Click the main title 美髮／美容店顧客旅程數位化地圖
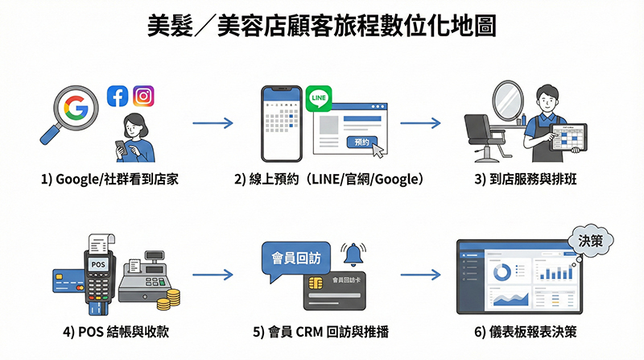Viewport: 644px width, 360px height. (x=322, y=25)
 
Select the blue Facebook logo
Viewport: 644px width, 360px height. (x=118, y=97)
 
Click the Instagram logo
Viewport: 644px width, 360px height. (x=143, y=96)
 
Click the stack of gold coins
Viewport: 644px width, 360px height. (x=168, y=301)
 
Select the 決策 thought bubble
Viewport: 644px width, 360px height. (x=590, y=240)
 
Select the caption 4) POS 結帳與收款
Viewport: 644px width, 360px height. (x=114, y=331)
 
